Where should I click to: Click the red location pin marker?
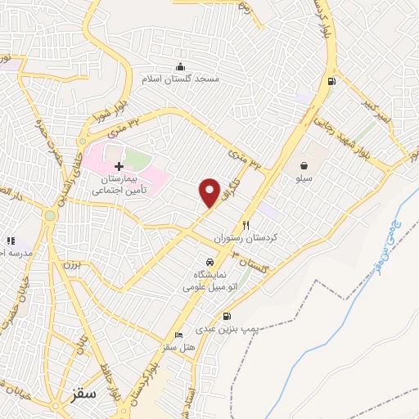coord(210,192)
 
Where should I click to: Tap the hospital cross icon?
coord(119,166)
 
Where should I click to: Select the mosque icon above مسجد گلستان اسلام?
coord(179,67)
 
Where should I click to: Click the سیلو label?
coord(304,177)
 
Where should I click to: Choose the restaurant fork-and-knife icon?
coord(245,225)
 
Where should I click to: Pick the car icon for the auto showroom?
coord(210,262)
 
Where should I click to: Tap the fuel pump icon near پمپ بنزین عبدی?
coord(227,316)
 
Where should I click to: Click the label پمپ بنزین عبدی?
coord(227,329)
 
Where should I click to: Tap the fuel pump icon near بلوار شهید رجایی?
coord(331,81)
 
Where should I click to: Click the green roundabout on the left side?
coord(51,216)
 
